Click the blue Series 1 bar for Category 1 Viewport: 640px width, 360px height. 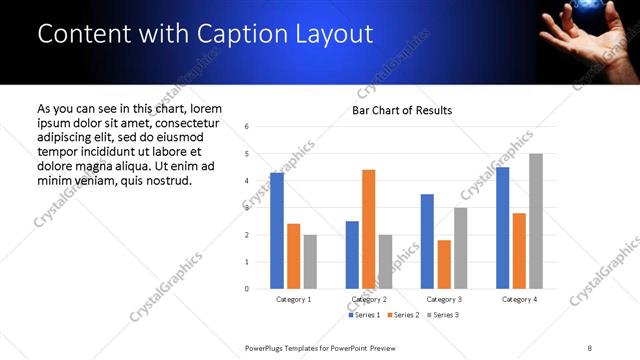pyautogui.click(x=277, y=231)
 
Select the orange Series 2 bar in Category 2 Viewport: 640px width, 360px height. pyautogui.click(x=368, y=229)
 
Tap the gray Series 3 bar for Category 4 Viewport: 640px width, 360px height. pyautogui.click(x=535, y=221)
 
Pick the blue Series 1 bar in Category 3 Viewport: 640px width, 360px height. pyautogui.click(x=427, y=241)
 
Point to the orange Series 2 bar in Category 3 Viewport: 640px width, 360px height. pyautogui.click(x=444, y=264)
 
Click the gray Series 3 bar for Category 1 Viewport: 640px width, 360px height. pyautogui.click(x=310, y=262)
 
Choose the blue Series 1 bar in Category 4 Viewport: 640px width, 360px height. pyautogui.click(x=502, y=228)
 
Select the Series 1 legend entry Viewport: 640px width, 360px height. pyautogui.click(x=363, y=315)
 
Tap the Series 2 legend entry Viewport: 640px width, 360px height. pyautogui.click(x=402, y=315)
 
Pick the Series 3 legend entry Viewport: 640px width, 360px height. pyautogui.click(x=441, y=315)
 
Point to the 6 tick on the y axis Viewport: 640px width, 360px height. pyautogui.click(x=247, y=127)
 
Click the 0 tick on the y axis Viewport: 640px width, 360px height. pyautogui.click(x=247, y=289)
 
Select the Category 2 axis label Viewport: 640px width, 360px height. pyautogui.click(x=369, y=299)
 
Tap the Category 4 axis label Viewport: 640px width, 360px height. pyautogui.click(x=519, y=299)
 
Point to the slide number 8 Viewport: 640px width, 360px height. pyautogui.click(x=590, y=347)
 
